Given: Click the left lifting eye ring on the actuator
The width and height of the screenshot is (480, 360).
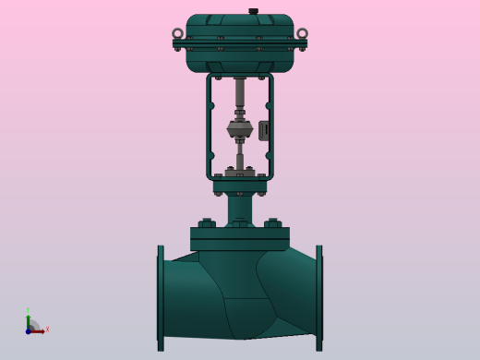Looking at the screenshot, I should (178, 34).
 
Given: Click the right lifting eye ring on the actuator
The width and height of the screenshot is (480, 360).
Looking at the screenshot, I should (302, 34).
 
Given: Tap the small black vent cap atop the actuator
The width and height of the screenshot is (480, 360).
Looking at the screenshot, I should (253, 11).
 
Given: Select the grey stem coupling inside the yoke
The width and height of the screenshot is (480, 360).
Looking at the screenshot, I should (240, 128).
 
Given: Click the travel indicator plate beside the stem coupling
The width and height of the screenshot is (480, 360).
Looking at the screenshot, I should (264, 130).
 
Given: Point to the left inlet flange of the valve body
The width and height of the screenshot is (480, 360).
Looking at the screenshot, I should (161, 297).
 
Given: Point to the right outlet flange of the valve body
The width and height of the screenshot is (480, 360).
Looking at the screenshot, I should (319, 297).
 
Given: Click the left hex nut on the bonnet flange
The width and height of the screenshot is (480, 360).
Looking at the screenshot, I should (207, 223).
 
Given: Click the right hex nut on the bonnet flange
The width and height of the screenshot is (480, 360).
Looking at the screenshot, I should (273, 223).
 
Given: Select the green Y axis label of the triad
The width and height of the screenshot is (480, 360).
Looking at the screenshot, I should (28, 310).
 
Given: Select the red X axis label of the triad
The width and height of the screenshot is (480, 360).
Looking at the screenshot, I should (47, 329).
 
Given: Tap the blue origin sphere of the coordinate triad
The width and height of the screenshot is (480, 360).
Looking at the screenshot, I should (29, 330).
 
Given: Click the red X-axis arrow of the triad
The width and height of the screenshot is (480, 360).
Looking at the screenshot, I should (39, 330).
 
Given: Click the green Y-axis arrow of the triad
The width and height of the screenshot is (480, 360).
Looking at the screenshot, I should (28, 320).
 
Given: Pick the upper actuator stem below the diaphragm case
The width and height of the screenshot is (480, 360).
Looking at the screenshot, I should (240, 92).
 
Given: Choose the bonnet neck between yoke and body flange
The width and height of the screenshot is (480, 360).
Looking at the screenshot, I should (240, 208).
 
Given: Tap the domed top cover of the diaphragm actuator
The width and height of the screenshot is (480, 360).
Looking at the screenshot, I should (240, 22).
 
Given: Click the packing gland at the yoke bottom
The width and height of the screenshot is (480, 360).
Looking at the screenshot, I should (240, 172).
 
